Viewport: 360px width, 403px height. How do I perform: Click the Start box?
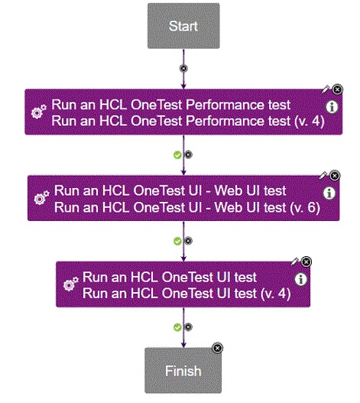[x=183, y=26]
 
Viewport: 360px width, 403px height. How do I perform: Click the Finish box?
[x=183, y=371]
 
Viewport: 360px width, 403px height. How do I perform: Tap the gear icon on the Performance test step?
[x=39, y=112]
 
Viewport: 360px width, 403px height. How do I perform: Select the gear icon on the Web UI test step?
[x=42, y=199]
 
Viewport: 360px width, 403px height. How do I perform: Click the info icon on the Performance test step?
[x=332, y=107]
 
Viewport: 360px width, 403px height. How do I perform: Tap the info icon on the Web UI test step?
[x=329, y=193]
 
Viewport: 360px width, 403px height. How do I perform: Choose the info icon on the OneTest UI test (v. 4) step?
[x=300, y=279]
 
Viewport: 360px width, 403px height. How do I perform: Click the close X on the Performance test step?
[x=338, y=89]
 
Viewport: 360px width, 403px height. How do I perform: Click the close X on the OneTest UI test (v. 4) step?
[x=306, y=262]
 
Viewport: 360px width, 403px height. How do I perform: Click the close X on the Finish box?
[x=217, y=348]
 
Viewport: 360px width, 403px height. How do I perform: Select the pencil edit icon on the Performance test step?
[x=325, y=90]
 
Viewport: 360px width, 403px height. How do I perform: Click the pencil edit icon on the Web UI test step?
[x=323, y=175]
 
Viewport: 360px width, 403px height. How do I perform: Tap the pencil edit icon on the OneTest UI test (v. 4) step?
[x=295, y=262]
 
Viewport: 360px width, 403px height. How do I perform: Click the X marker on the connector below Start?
[x=183, y=68]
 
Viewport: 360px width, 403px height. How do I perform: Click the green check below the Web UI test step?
[x=177, y=240]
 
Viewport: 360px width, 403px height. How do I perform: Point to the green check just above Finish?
[x=177, y=327]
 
